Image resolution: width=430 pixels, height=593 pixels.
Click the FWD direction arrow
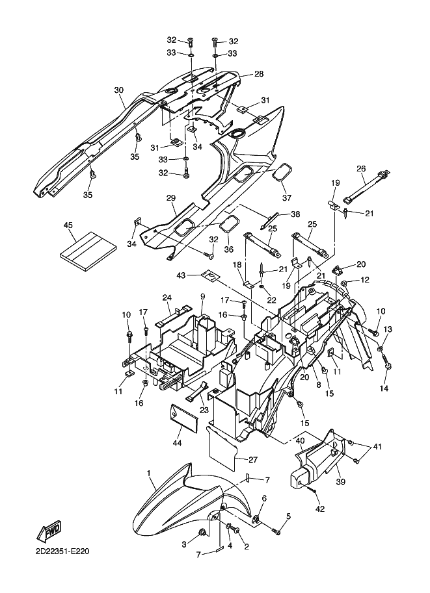49,531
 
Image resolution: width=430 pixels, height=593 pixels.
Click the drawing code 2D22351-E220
62,551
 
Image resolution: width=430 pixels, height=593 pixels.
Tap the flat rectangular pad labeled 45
88,251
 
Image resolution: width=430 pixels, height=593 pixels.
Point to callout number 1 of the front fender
149,473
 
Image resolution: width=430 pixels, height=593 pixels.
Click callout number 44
177,442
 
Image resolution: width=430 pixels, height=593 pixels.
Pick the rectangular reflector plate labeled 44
183,416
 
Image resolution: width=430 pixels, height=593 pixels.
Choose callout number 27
252,460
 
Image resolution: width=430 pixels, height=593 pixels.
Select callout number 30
119,90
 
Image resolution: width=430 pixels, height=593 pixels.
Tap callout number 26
361,168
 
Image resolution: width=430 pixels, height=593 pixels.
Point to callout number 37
287,197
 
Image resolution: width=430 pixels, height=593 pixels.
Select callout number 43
181,275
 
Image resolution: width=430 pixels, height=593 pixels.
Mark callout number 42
320,509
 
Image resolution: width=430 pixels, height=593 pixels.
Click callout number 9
202,296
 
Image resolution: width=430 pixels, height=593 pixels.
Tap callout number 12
364,280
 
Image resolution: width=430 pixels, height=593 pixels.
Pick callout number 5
288,516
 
